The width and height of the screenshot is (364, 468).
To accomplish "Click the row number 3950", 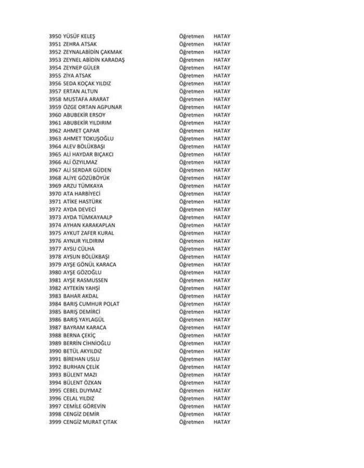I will tap(55, 36).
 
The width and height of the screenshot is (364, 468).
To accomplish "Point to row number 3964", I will tap(55, 147).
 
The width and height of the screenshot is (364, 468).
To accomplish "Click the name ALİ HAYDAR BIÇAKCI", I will tap(88, 154).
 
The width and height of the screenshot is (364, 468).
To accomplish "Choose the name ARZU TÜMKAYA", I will tap(83, 186).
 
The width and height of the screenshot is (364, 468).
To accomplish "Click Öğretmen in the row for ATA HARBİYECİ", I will tap(191, 194).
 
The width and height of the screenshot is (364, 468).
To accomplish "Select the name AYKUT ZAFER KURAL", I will tap(88, 233).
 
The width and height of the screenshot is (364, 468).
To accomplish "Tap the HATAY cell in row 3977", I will tap(222, 249).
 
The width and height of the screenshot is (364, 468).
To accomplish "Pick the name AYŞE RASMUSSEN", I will tap(85, 280).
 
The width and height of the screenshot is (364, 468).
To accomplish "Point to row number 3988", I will tap(55, 335).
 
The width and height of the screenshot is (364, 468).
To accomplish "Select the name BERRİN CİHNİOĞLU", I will tap(86, 343).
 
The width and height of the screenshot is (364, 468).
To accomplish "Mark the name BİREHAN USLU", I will tap(81, 359).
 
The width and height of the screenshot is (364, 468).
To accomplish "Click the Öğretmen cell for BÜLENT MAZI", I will tap(191, 375).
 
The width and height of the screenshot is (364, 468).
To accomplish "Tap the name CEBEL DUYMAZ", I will tap(82, 391).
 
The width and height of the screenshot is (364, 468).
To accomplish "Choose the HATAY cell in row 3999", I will tap(222, 422).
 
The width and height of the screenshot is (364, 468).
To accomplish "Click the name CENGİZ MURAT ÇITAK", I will tap(90, 422).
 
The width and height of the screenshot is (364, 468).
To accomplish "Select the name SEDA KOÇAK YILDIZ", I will tap(87, 84).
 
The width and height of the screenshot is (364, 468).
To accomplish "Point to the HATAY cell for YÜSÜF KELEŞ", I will tap(222, 36).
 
